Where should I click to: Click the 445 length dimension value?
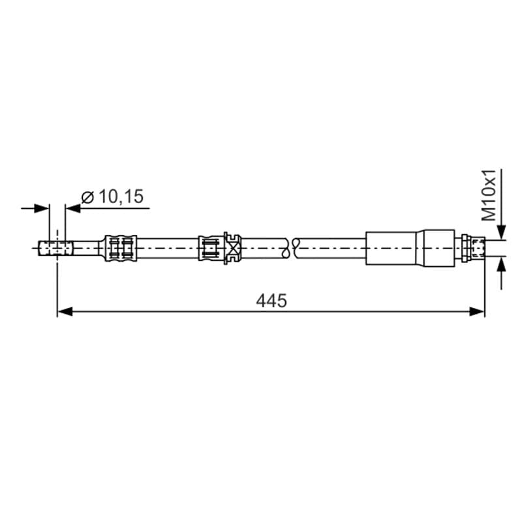(271, 301)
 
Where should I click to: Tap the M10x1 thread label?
(489, 195)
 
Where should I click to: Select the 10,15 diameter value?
(121, 196)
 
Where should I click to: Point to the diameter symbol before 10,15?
(88, 197)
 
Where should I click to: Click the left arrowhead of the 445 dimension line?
(65, 312)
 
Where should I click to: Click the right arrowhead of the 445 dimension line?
(477, 312)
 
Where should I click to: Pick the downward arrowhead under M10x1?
(501, 232)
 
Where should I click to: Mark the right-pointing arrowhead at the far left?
(42, 209)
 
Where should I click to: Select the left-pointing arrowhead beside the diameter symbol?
(73, 209)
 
